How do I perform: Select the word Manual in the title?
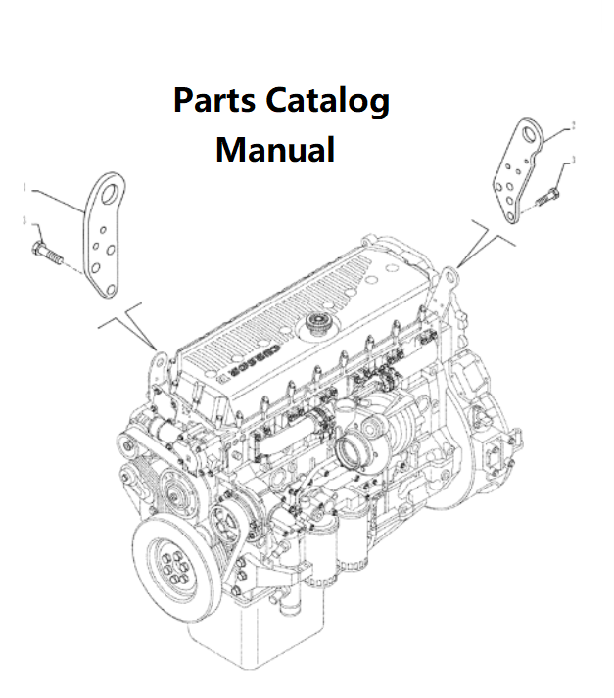[x=275, y=150]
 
